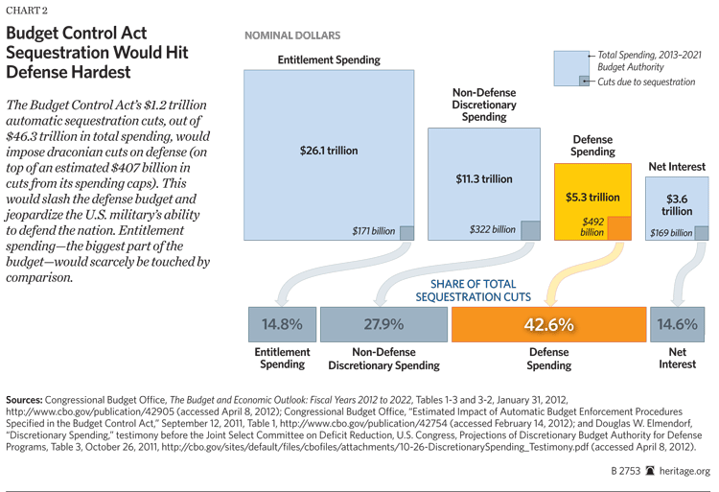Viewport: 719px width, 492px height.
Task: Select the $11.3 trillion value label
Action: [x=483, y=178]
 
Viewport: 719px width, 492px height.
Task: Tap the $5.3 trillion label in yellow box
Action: [x=592, y=198]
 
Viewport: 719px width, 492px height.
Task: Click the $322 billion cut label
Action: [x=492, y=230]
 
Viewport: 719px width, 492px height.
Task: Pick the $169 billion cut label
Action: [x=668, y=232]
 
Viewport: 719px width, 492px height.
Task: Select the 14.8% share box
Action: [x=282, y=324]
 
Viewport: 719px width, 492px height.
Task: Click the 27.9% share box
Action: [x=383, y=324]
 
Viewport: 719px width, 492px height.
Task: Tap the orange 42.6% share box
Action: [x=549, y=324]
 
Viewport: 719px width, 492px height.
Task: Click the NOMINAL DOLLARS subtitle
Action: [x=292, y=35]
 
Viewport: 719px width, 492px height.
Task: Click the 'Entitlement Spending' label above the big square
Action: [x=329, y=59]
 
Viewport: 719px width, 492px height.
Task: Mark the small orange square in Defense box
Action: [x=619, y=227]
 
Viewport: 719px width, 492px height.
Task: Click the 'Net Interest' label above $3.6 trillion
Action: [x=677, y=167]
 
